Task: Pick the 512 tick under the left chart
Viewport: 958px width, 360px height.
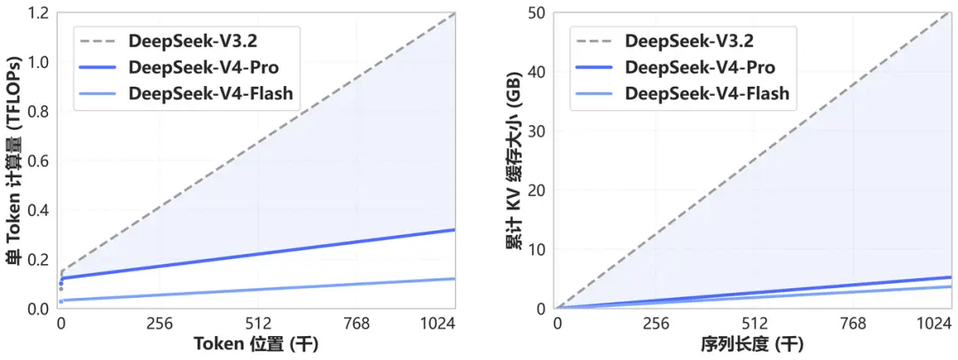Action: coord(258,325)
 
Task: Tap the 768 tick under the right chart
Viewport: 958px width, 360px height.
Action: coord(853,325)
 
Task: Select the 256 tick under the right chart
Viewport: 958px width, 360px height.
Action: coord(656,325)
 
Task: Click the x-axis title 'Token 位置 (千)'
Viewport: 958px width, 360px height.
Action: coord(258,345)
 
